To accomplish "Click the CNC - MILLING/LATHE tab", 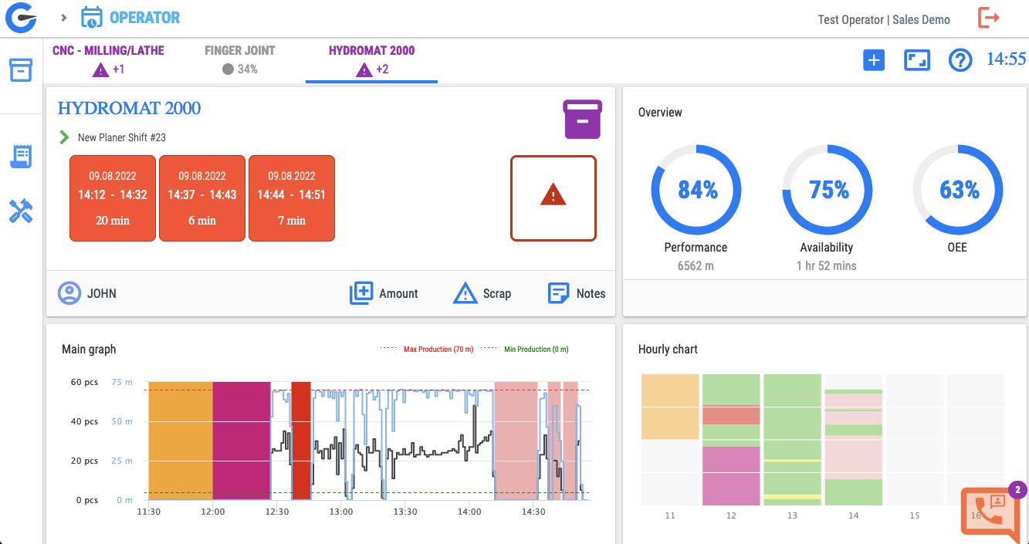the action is point(108,59).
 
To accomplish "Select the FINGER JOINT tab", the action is point(240,59).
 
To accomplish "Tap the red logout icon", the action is point(988,19).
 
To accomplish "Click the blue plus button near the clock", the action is point(873,60).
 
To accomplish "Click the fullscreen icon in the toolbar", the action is point(917,60).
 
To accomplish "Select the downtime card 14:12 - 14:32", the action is point(113,198).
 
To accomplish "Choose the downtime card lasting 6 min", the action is point(202,198).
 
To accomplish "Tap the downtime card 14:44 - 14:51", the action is point(292,198).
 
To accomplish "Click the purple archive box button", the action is point(583,120).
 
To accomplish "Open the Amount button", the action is point(384,293).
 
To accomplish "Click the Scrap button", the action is point(482,293).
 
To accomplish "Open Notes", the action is point(577,293).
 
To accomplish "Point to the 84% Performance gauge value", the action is point(698,190).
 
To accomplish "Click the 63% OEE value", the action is point(960,190).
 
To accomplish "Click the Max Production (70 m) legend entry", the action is point(427,350).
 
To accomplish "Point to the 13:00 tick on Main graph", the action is point(341,512).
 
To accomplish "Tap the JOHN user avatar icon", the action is point(69,293).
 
